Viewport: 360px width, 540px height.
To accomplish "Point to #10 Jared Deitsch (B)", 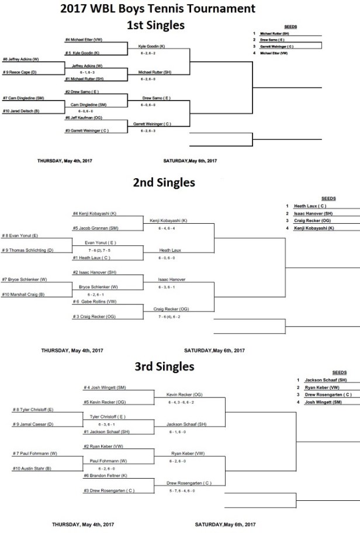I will (x=21, y=110).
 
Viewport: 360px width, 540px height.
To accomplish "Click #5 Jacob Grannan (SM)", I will (x=91, y=228).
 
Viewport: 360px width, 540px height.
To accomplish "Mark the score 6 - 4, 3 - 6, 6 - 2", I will (x=185, y=402).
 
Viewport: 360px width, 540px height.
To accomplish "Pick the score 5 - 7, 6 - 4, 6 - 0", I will (x=188, y=491).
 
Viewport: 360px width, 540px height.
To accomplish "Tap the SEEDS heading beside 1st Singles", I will (x=290, y=27).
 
